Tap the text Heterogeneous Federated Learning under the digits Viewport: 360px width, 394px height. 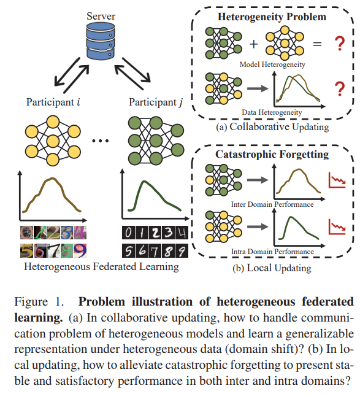[102, 266]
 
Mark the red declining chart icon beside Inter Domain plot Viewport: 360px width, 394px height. [335, 180]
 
